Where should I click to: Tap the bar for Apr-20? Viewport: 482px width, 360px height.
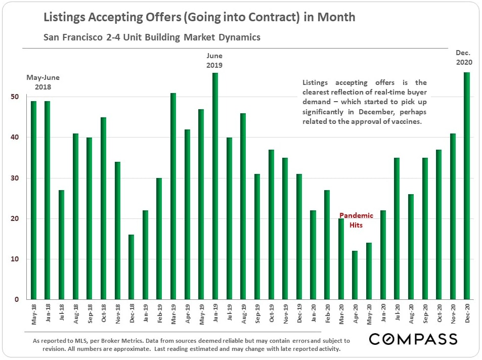(355, 275)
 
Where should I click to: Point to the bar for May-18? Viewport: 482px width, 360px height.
(34, 200)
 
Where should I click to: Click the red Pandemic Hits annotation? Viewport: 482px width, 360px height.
(356, 220)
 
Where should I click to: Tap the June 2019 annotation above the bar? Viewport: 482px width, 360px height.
(214, 60)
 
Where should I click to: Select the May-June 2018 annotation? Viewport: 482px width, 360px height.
(43, 82)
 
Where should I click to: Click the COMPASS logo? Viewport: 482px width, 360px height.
(413, 338)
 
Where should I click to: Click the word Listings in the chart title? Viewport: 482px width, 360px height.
(61, 17)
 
